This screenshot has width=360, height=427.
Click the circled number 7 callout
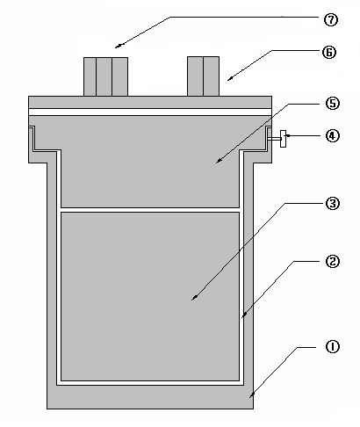tap(331, 20)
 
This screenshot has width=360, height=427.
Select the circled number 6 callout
tap(329, 53)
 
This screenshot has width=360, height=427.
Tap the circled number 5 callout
tap(333, 104)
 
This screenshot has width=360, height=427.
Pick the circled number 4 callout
tap(333, 136)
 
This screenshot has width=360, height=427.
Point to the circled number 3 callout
tap(333, 204)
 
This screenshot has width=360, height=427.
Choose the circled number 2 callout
tap(333, 261)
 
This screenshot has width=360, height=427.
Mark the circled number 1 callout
tap(333, 347)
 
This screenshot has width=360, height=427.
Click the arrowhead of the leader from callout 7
tap(116, 47)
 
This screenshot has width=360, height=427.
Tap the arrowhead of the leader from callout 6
tap(228, 80)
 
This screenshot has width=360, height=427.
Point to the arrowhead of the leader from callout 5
tap(217, 162)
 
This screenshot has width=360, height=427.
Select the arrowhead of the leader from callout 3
tap(192, 300)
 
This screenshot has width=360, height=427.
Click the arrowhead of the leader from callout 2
tap(242, 316)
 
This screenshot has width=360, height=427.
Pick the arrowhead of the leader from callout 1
tap(250, 397)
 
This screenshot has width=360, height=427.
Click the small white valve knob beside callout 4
tap(283, 139)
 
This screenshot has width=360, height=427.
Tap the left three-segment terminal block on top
tap(105, 76)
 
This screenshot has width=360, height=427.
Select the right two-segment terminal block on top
tap(203, 76)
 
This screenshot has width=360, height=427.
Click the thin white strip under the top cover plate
tap(150, 112)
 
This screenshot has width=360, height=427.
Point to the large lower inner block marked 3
tap(150, 297)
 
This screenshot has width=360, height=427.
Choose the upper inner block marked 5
tap(150, 164)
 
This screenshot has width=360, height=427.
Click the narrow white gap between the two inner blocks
tap(150, 210)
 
